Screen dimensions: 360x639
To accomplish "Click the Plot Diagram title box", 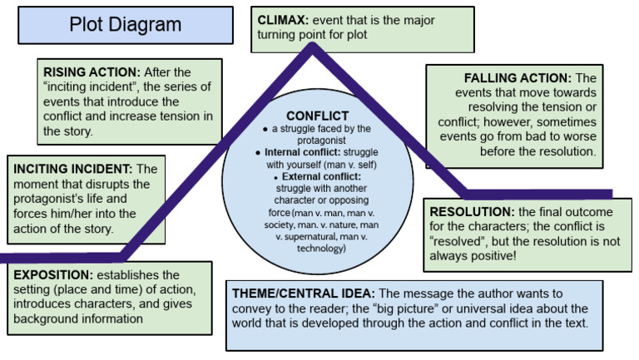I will (x=125, y=25).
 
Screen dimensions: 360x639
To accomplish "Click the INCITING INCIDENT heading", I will (x=72, y=169).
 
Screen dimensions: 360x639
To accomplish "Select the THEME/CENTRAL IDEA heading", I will (x=305, y=293).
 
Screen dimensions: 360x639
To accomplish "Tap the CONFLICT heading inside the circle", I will (x=317, y=116).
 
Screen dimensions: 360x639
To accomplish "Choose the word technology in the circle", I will (x=316, y=247).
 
